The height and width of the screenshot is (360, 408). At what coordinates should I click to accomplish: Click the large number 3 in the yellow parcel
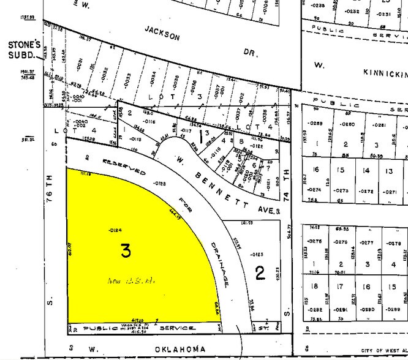[126, 250]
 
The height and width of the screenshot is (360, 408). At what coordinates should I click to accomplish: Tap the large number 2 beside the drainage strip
[260, 272]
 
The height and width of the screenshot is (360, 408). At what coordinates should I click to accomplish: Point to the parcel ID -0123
[257, 253]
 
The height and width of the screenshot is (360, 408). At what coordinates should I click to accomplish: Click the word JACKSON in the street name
[162, 32]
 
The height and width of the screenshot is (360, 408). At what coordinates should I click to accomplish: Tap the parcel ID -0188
[144, 183]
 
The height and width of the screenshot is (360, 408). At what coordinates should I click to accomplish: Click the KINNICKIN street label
[385, 73]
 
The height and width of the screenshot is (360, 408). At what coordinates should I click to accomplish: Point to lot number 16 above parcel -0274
[315, 171]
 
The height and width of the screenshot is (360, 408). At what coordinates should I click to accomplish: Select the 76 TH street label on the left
[51, 187]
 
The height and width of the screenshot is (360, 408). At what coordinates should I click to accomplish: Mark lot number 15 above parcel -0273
[341, 170]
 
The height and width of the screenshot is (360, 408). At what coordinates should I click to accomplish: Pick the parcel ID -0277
[365, 243]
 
